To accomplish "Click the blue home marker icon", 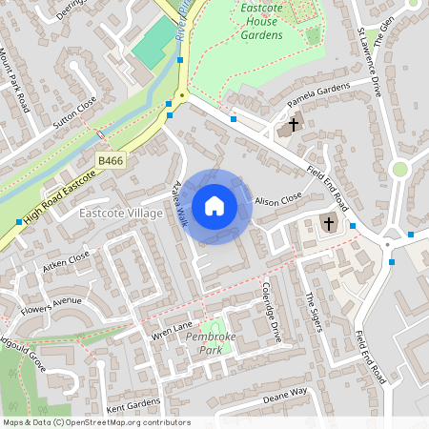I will click(214, 206).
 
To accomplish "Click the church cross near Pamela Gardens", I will click(293, 124).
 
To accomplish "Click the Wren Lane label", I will click(173, 329).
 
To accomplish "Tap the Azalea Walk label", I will click(177, 204).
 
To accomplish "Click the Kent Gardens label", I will click(134, 404).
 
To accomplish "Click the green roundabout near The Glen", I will click(399, 169).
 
